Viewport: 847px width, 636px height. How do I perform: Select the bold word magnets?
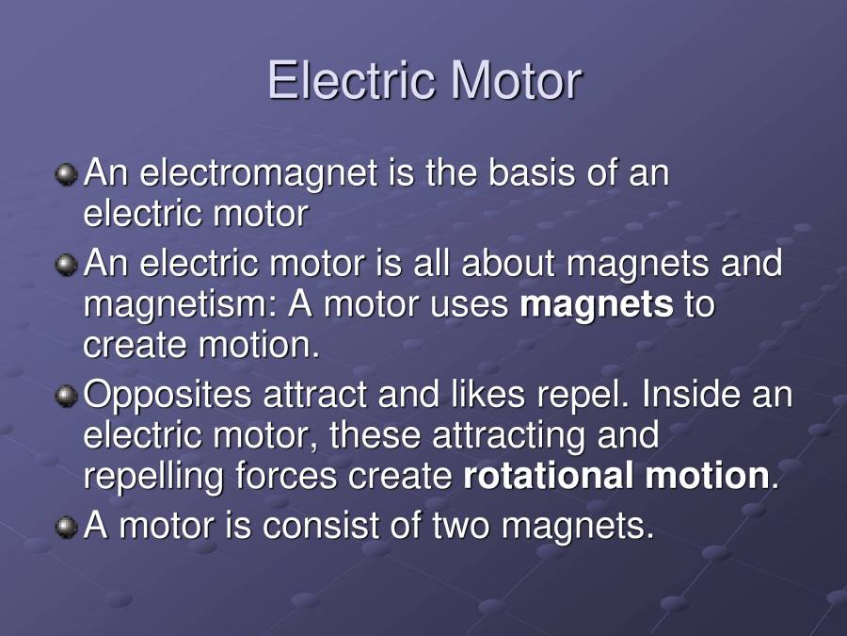click(x=597, y=304)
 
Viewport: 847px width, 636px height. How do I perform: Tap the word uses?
click(x=464, y=304)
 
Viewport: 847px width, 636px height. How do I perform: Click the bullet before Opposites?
click(x=66, y=396)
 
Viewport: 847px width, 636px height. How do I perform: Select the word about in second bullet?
click(x=508, y=263)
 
